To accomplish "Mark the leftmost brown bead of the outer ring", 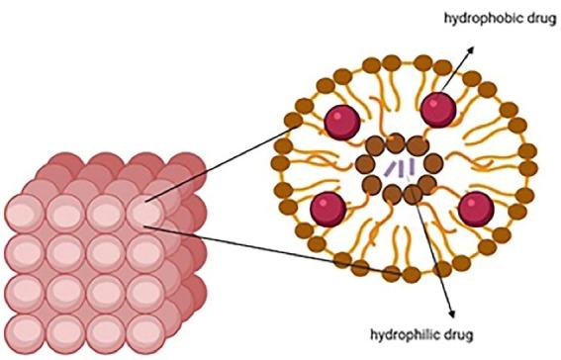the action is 278,161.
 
